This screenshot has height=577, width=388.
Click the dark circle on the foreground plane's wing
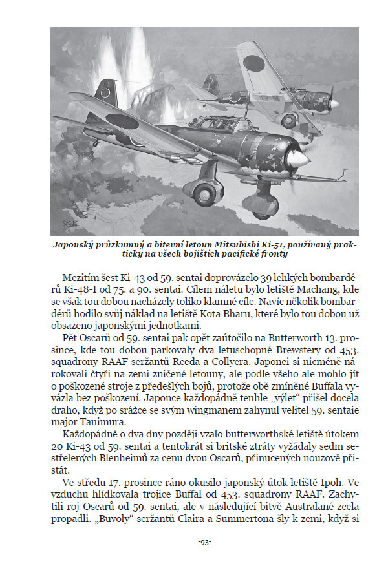click(122, 122)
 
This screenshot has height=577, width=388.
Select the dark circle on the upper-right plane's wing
click(253, 63)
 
